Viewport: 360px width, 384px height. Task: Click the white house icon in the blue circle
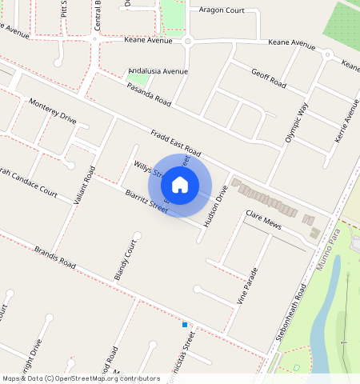[x=180, y=185]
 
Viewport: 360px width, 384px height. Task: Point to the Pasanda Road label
[x=149, y=96]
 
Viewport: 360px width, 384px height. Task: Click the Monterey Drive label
[x=52, y=111]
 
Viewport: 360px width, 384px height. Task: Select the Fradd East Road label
[x=174, y=142]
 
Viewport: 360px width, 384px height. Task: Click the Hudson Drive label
[x=215, y=204]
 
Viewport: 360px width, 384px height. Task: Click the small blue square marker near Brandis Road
[x=185, y=325]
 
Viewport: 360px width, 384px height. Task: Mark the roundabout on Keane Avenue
[x=188, y=41]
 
